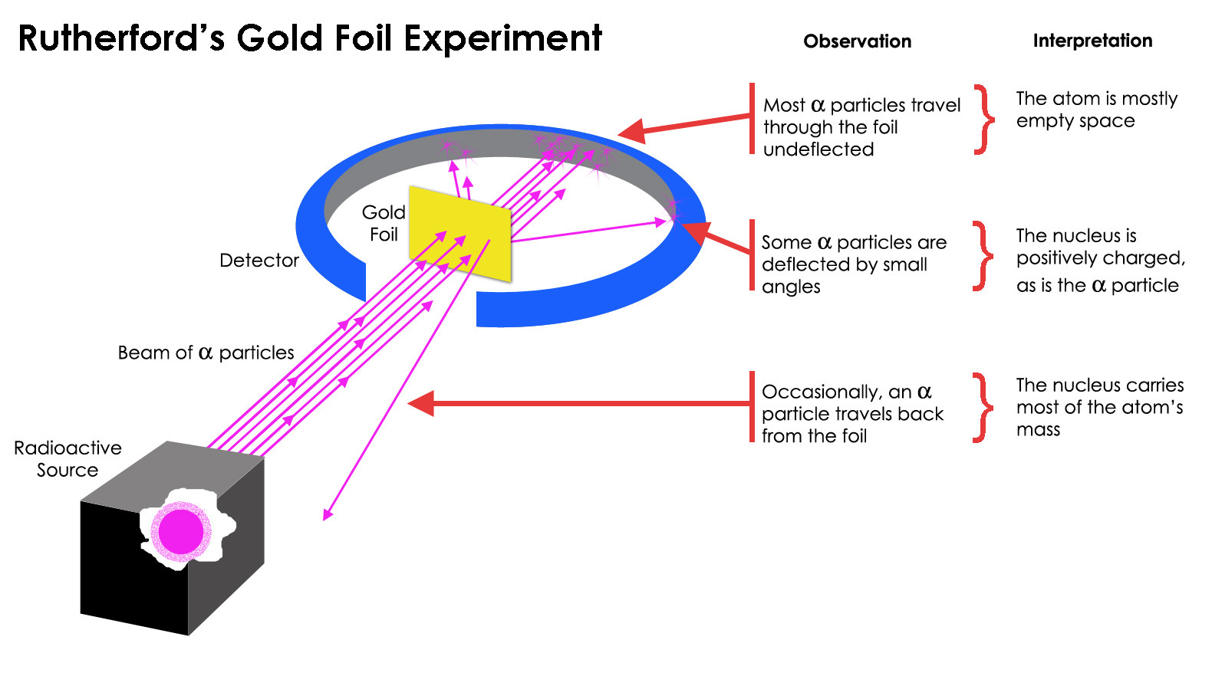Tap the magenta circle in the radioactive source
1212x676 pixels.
tap(181, 531)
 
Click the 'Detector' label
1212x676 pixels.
tap(259, 261)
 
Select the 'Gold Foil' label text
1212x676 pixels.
tap(384, 223)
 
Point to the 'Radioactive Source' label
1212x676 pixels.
tap(68, 458)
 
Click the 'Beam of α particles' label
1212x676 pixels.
tap(206, 353)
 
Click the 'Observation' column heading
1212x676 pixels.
tap(857, 41)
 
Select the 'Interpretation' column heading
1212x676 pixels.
tap(1092, 41)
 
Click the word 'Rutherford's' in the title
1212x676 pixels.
tap(120, 38)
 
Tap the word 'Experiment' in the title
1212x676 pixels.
tap(502, 38)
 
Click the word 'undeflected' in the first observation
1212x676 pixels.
tap(818, 149)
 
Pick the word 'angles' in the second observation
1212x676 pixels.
tap(791, 287)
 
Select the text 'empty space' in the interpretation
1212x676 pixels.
tap(1075, 121)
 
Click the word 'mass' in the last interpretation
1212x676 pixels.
tap(1038, 430)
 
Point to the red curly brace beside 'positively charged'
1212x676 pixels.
tap(981, 256)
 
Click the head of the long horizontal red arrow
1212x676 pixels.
tap(421, 403)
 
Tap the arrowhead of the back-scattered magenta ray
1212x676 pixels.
tap(328, 514)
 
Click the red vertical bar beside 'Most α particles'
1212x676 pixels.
tap(752, 119)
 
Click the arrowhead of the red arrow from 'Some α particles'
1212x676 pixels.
tap(693, 231)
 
